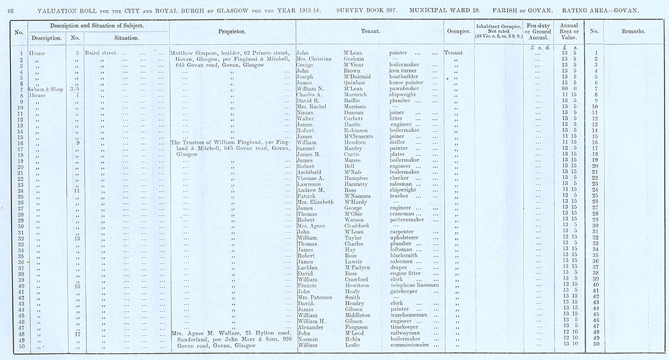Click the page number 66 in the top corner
coord(10,10)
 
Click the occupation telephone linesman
coord(414,285)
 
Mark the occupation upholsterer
coord(410,238)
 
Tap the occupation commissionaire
coord(416,345)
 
